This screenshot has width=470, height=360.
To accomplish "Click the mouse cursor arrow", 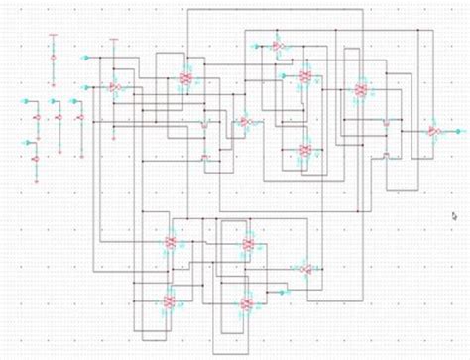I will click(x=454, y=215).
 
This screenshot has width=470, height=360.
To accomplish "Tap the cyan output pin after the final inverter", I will click(x=457, y=130).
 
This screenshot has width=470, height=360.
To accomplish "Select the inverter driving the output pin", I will click(x=433, y=130).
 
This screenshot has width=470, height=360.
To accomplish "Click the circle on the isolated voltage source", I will click(x=53, y=59).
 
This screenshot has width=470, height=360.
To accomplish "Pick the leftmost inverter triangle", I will click(x=114, y=87).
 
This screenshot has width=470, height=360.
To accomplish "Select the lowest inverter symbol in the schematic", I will click(x=305, y=270).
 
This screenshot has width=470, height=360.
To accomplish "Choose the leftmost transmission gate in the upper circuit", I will click(x=186, y=77).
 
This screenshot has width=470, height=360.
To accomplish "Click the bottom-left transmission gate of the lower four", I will click(x=171, y=300).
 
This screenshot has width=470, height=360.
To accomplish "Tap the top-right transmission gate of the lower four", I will click(x=248, y=244).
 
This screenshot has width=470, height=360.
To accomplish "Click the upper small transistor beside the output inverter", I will click(x=386, y=122).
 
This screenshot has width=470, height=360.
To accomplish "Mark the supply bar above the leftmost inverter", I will click(x=113, y=40).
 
